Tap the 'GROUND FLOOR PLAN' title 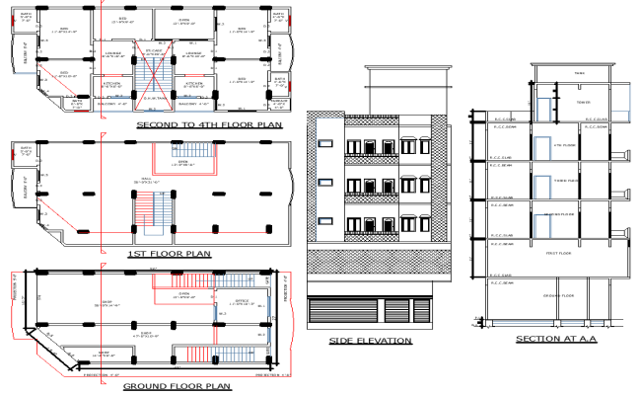177,385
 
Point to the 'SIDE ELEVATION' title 371,341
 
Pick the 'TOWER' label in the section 584,100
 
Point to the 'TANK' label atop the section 579,73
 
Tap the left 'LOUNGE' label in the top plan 114,53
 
